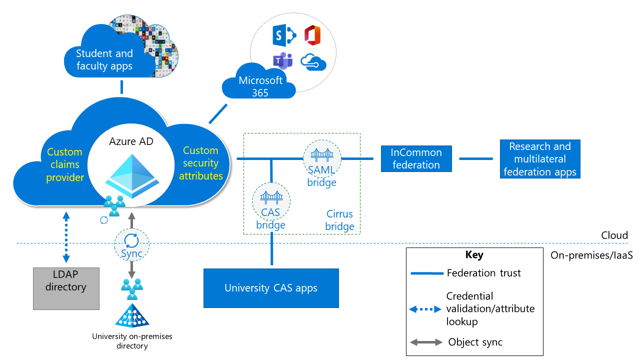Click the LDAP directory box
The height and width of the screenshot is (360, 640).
(x=66, y=288)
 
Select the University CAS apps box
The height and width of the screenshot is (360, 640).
(x=271, y=288)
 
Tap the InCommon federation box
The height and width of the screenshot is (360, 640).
(x=416, y=158)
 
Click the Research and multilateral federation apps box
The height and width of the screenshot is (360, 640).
(x=540, y=159)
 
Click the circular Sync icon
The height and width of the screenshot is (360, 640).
(x=132, y=241)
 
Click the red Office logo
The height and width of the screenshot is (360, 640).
(x=312, y=35)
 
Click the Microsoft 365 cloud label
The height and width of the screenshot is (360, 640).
(x=260, y=86)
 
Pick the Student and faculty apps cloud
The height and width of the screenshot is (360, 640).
(x=104, y=59)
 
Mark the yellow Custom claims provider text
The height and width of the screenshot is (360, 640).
(x=64, y=164)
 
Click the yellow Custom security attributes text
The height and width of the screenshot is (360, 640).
(x=201, y=163)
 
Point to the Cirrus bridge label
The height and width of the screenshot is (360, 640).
(x=339, y=220)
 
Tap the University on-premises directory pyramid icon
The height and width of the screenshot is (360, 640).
(x=132, y=315)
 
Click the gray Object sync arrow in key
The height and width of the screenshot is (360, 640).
(x=426, y=342)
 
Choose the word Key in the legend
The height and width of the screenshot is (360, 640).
(x=474, y=255)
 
